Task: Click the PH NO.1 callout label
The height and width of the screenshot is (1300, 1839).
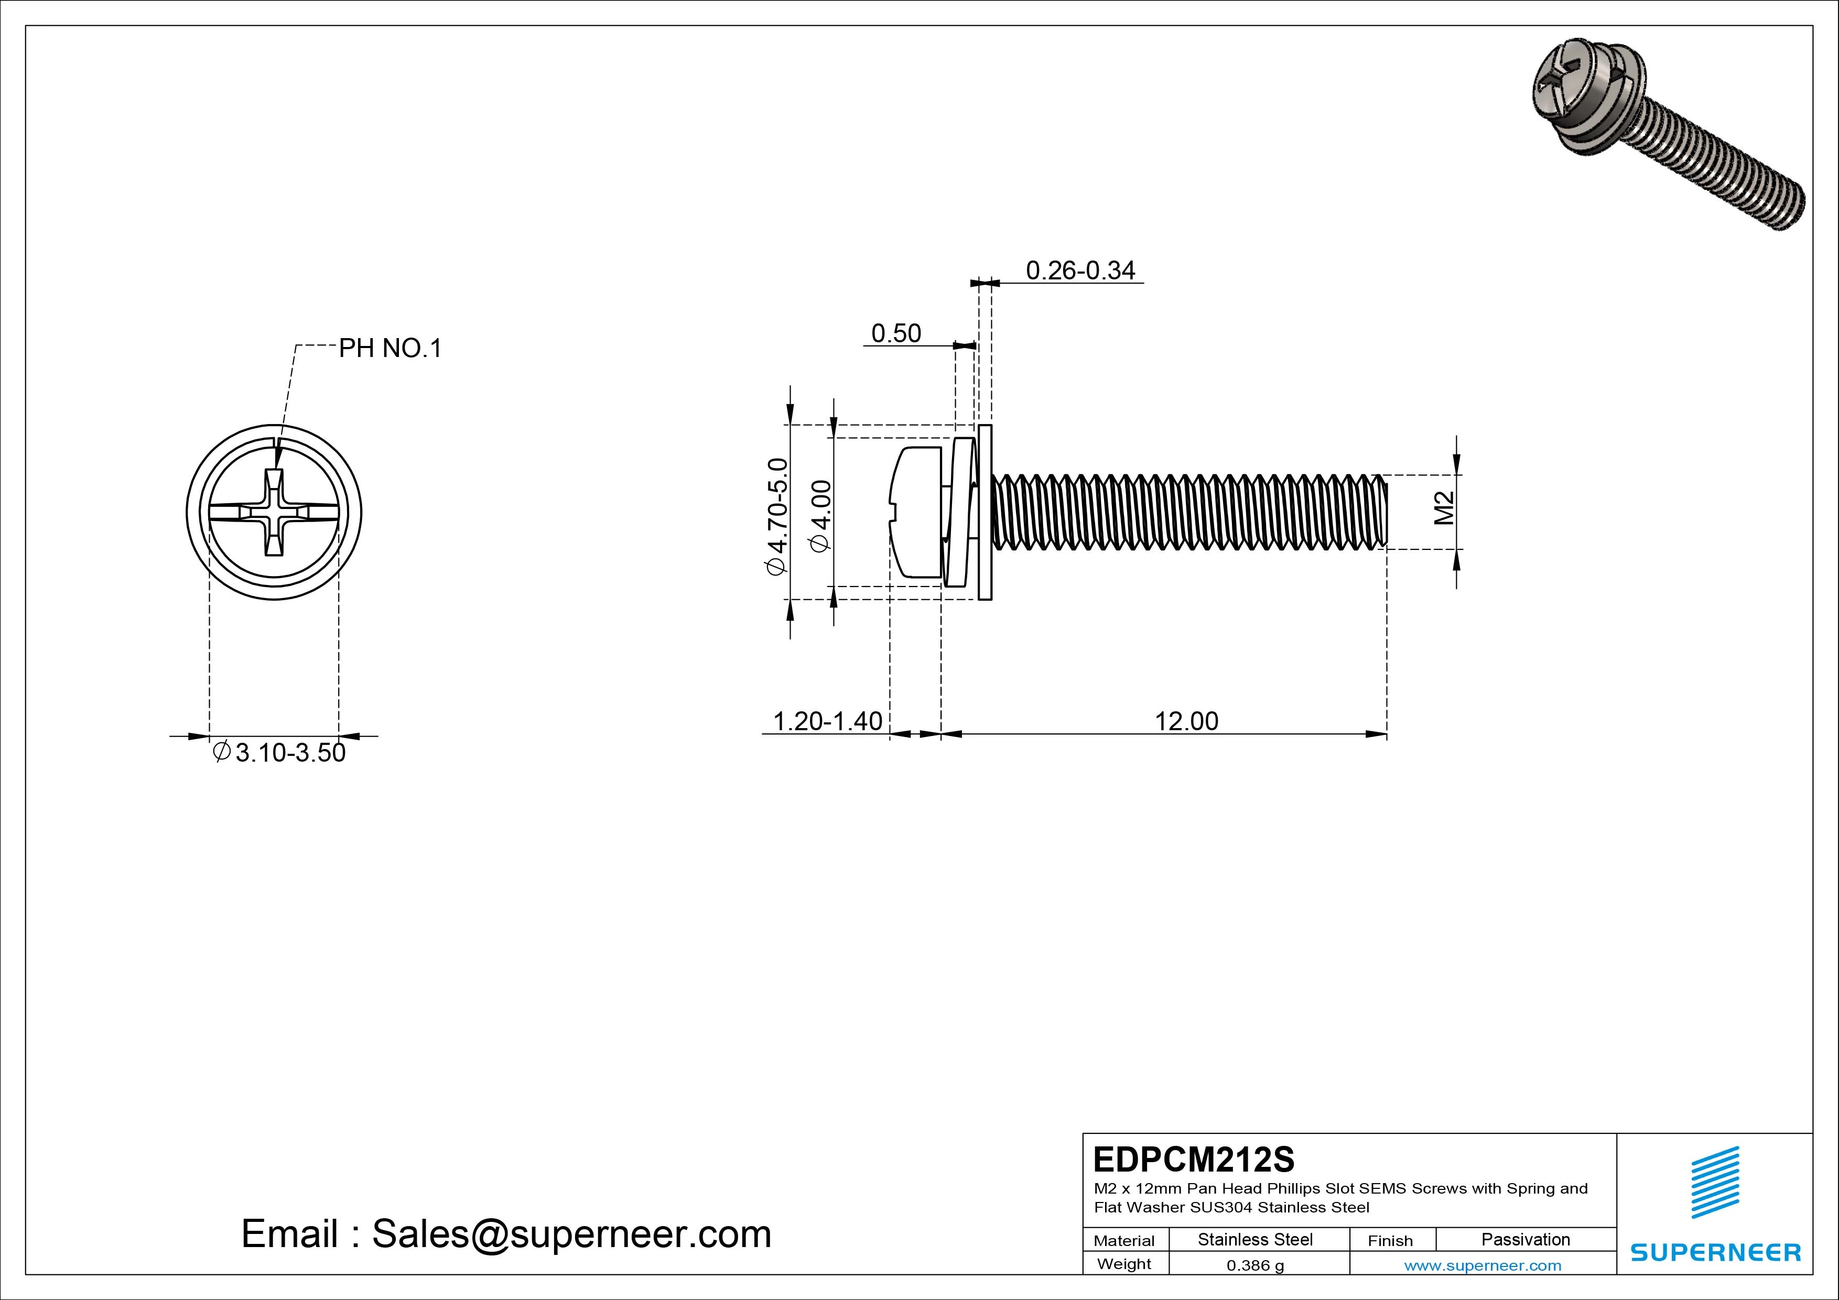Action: click(390, 349)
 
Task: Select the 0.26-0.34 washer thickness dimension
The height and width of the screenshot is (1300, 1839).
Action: click(1080, 270)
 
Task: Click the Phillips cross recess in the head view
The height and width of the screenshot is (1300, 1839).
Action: click(274, 513)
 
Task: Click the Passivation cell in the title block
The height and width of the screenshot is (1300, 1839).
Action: click(1525, 1239)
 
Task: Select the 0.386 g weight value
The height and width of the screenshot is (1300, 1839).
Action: click(1254, 1265)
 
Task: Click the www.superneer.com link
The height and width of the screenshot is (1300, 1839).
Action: click(1482, 1265)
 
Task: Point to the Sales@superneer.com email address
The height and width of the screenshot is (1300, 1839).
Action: click(570, 1234)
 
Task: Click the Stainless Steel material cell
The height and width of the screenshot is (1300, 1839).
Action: click(1254, 1239)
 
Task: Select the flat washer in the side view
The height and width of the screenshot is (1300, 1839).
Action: click(985, 513)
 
